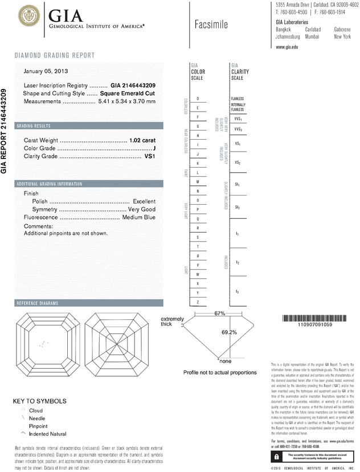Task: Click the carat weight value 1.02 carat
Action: (142, 140)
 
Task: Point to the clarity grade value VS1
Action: (150, 156)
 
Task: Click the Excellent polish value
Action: (144, 202)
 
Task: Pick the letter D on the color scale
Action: (198, 99)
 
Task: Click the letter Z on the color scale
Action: (198, 302)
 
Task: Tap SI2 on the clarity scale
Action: (238, 207)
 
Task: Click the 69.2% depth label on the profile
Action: (228, 332)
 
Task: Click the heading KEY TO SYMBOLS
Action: (39, 401)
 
